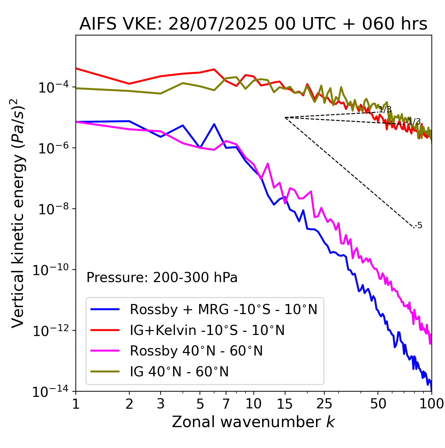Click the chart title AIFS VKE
tap(253, 24)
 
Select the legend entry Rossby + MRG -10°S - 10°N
tap(224, 309)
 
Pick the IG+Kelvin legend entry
tap(207, 330)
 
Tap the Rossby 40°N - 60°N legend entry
tap(196, 351)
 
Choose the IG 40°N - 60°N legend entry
tap(179, 372)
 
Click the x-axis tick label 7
tap(226, 404)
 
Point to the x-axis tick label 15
tap(285, 404)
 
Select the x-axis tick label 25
tap(324, 404)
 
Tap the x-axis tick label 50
tap(378, 404)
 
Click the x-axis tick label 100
tap(431, 404)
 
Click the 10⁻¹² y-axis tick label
tap(49, 331)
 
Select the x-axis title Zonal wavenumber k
tap(253, 422)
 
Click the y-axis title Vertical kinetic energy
tap(18, 213)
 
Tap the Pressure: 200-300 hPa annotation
tap(162, 278)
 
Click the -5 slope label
tap(419, 226)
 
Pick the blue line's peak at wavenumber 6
tap(214, 124)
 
